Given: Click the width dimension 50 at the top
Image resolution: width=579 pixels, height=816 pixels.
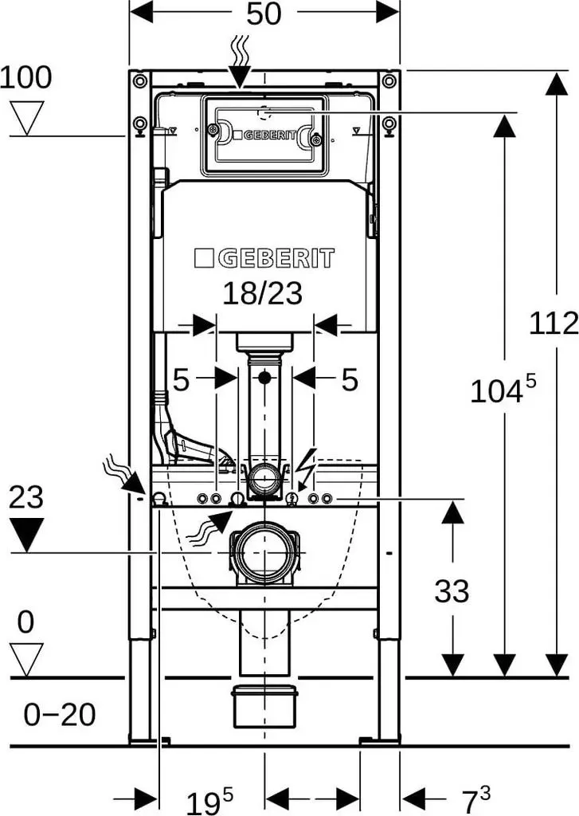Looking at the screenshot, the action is [264, 14].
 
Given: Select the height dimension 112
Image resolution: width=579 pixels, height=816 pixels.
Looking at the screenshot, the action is [554, 323].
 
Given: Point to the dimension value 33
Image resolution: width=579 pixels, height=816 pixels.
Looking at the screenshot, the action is [452, 591].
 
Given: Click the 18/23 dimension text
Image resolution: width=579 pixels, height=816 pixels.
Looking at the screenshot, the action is [262, 293].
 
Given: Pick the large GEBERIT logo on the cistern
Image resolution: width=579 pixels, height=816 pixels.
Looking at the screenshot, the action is [264, 259].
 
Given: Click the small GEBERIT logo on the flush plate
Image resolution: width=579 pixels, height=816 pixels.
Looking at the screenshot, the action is [264, 135].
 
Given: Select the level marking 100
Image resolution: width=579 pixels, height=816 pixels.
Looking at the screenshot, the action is [26, 77].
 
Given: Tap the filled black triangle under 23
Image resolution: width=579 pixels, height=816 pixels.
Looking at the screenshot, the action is [26, 535].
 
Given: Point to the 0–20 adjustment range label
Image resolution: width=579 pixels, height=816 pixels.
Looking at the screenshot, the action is [59, 714].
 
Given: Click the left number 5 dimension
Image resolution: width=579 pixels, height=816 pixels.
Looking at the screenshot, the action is [181, 380].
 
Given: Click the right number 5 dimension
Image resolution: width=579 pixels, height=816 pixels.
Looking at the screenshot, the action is [350, 379].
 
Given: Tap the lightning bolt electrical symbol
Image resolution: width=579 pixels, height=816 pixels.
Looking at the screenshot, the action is [304, 465].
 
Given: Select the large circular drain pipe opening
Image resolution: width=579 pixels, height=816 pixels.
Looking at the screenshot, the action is [264, 553].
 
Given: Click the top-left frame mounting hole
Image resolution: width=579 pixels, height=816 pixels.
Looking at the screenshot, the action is [139, 80].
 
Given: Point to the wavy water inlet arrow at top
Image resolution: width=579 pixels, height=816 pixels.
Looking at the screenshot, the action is [240, 61].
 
